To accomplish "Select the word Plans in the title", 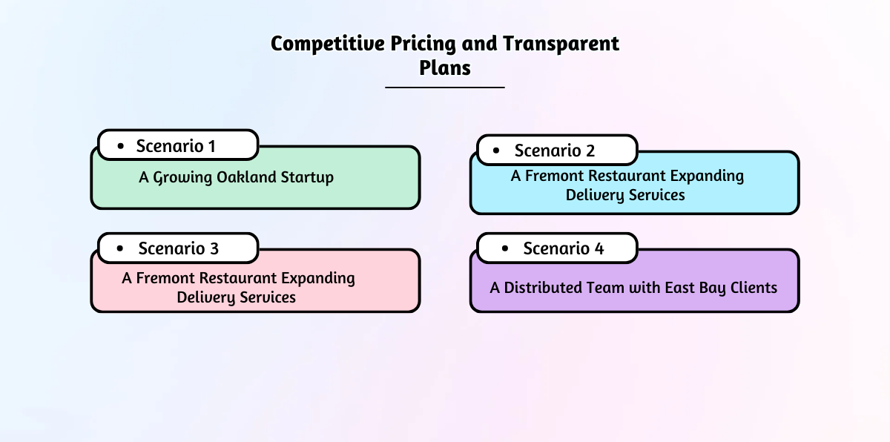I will point(445,67).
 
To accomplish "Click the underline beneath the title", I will point(445,88).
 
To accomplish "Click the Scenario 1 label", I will point(176,146).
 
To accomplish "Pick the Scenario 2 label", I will point(555,151).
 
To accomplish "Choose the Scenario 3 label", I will point(179,248).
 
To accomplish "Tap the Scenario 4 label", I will point(564,248).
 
